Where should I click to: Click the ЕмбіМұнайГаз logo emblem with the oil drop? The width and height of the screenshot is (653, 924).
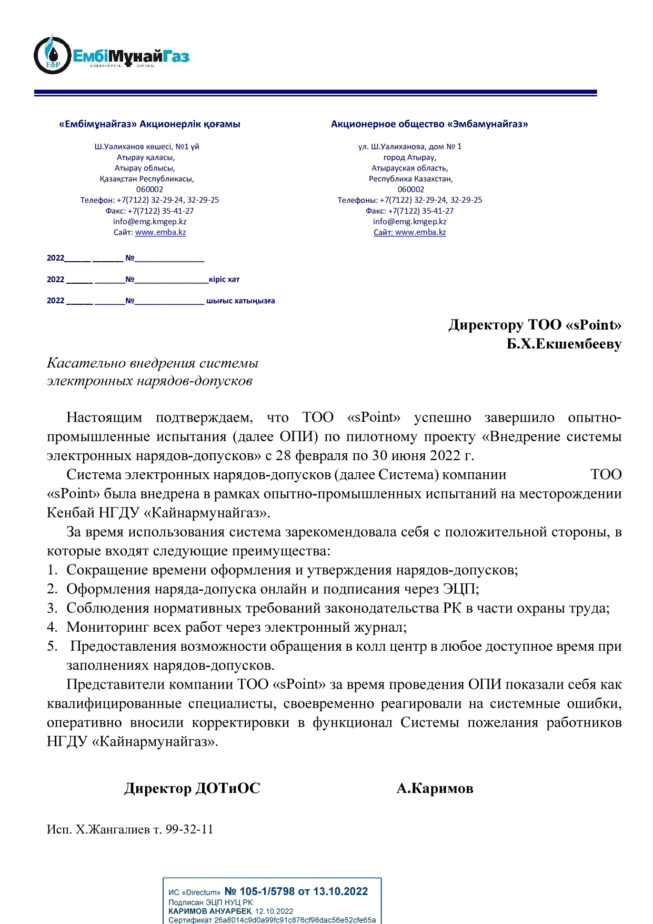(52, 55)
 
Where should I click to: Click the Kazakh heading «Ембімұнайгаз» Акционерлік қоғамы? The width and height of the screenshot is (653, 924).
(149, 124)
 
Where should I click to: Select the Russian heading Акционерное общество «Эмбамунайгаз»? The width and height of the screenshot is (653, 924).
(429, 124)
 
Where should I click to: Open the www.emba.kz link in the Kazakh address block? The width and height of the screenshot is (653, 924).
(160, 232)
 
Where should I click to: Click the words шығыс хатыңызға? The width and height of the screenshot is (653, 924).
(240, 301)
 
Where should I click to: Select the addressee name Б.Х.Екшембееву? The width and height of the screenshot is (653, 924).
(564, 344)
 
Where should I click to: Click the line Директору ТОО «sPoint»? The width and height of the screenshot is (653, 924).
(535, 325)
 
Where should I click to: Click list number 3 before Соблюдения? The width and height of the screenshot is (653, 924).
(52, 608)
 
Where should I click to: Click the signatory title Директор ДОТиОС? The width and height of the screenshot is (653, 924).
(192, 788)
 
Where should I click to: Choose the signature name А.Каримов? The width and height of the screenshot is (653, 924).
(435, 788)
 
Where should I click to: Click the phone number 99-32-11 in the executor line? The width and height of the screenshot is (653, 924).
(189, 829)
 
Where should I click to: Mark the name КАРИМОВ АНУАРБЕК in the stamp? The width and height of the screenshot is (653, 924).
(210, 911)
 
